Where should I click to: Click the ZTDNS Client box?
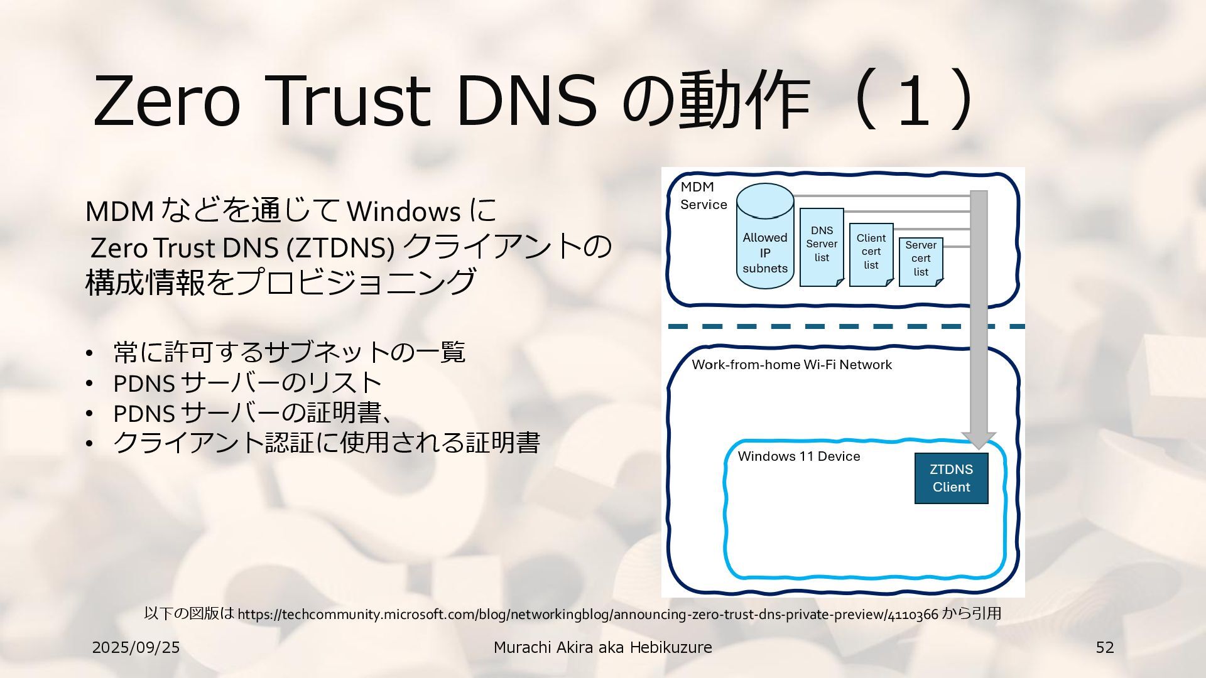[x=951, y=478]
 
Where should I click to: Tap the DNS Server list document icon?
[x=822, y=247]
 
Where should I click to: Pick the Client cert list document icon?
[x=871, y=254]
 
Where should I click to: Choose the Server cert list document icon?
[x=921, y=261]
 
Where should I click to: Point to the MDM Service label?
[x=703, y=196]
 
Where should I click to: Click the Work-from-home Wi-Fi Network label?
[x=791, y=365]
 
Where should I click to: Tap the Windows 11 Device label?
[x=798, y=456]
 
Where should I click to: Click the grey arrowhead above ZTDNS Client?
[x=979, y=440]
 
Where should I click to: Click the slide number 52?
[x=1104, y=647]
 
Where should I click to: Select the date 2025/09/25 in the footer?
[x=136, y=647]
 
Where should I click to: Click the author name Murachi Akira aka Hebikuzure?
[x=602, y=647]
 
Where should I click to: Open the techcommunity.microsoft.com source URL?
[x=588, y=614]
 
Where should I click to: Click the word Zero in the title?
[x=166, y=100]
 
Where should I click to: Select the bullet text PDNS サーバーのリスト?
[x=247, y=382]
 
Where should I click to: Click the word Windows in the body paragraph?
[x=404, y=212]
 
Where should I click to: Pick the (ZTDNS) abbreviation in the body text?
[x=340, y=249]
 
